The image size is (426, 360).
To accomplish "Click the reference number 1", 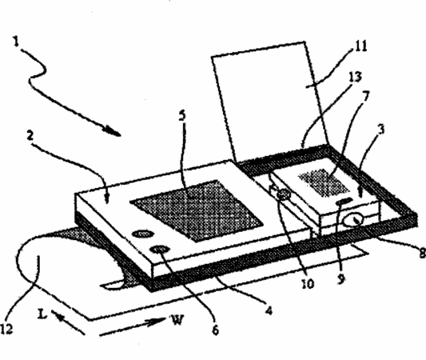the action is [x=17, y=42].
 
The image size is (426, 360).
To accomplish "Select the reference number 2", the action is [x=30, y=135].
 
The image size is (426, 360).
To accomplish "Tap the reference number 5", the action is [x=182, y=115].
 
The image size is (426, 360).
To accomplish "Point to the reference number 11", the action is [x=361, y=46].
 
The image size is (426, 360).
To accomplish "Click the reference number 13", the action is [x=356, y=77].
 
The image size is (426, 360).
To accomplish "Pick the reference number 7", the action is [x=366, y=96].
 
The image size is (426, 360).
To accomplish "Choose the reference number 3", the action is [x=381, y=129].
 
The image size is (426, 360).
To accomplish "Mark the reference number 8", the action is [x=423, y=254].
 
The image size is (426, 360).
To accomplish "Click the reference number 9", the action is [x=341, y=279].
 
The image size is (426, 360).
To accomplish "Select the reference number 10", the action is [x=308, y=283].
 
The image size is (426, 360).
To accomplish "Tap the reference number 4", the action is [x=269, y=310].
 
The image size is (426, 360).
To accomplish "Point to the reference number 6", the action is [x=215, y=330].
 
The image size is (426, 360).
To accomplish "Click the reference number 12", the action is [x=6, y=330].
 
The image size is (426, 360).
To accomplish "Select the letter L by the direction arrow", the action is [x=42, y=314].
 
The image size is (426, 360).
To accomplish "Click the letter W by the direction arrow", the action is [x=177, y=320].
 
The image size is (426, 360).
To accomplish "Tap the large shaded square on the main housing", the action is [x=197, y=210].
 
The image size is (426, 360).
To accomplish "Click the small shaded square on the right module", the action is [x=324, y=182].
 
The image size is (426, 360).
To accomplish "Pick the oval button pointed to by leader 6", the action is [x=161, y=249].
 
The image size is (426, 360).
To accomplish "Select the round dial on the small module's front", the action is [x=353, y=220].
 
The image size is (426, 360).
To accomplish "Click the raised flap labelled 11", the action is [x=269, y=102].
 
